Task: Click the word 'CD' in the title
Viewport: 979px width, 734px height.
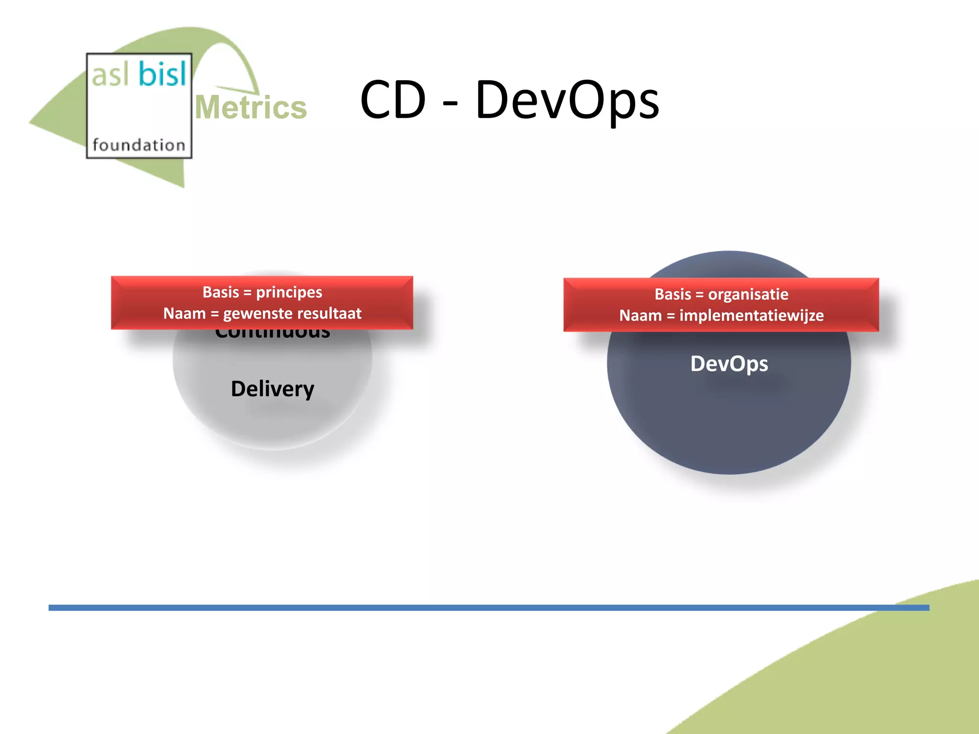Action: click(x=393, y=100)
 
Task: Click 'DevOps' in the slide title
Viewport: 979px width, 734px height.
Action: click(x=567, y=100)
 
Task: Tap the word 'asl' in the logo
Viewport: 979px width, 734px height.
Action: click(x=110, y=76)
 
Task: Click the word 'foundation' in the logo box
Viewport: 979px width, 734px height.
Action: click(x=139, y=145)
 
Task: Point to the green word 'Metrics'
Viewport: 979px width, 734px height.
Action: click(x=251, y=107)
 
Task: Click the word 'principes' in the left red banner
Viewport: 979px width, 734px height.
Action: click(x=289, y=292)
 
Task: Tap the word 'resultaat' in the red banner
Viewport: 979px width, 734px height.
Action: click(x=333, y=313)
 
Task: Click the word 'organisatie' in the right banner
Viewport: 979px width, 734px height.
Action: click(x=748, y=294)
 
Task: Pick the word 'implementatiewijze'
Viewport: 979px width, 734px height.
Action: click(x=751, y=316)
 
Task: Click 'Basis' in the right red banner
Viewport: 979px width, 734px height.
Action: click(x=673, y=294)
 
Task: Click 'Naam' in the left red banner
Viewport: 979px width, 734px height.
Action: click(x=184, y=313)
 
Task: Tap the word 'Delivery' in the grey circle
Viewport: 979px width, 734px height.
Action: click(x=272, y=389)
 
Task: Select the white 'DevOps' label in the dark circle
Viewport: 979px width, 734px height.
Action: click(x=729, y=364)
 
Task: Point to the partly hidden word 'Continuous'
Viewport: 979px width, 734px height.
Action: click(x=272, y=334)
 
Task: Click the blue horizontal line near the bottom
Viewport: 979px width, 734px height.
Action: click(x=478, y=607)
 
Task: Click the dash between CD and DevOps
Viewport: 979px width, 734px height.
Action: click(x=450, y=102)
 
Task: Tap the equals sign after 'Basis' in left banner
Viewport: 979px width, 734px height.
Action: click(x=247, y=292)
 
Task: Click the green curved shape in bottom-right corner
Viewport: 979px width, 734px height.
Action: click(x=884, y=679)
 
